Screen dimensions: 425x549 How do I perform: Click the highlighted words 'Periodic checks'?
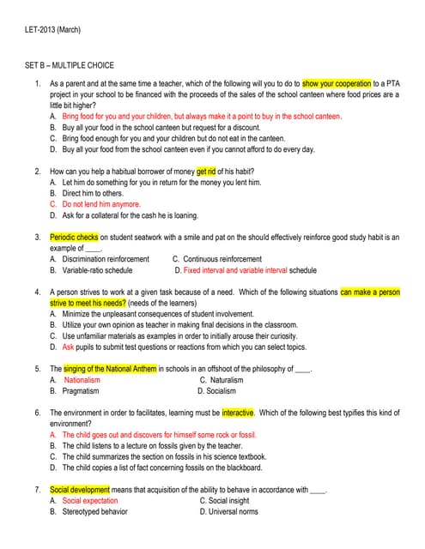(74, 237)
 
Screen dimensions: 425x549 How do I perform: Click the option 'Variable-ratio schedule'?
(105, 269)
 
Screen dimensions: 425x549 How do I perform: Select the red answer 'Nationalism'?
(82, 380)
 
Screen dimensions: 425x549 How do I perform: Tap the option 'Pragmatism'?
(82, 391)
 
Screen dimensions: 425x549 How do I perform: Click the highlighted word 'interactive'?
(238, 413)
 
